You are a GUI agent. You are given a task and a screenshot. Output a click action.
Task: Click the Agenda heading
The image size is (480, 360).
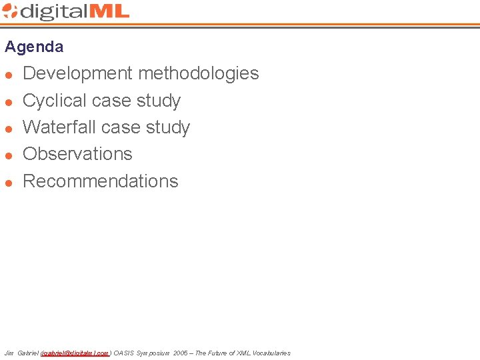click(x=34, y=47)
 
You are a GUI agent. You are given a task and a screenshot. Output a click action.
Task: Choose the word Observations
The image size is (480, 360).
click(x=77, y=154)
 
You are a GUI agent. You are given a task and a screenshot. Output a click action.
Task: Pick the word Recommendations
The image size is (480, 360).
click(x=101, y=181)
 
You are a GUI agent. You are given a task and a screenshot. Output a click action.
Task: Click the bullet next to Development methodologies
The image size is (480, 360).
click(x=9, y=74)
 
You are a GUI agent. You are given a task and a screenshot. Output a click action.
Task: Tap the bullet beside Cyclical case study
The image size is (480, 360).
click(x=9, y=101)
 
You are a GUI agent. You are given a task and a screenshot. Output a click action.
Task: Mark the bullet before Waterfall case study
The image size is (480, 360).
click(x=9, y=128)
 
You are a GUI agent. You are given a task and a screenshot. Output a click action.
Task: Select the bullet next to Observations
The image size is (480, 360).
click(x=9, y=155)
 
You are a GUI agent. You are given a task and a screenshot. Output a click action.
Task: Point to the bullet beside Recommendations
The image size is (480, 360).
click(x=9, y=182)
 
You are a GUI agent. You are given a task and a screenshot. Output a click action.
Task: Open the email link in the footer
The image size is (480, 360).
click(x=75, y=353)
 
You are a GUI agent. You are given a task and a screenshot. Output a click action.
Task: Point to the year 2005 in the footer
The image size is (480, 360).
click(x=180, y=353)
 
